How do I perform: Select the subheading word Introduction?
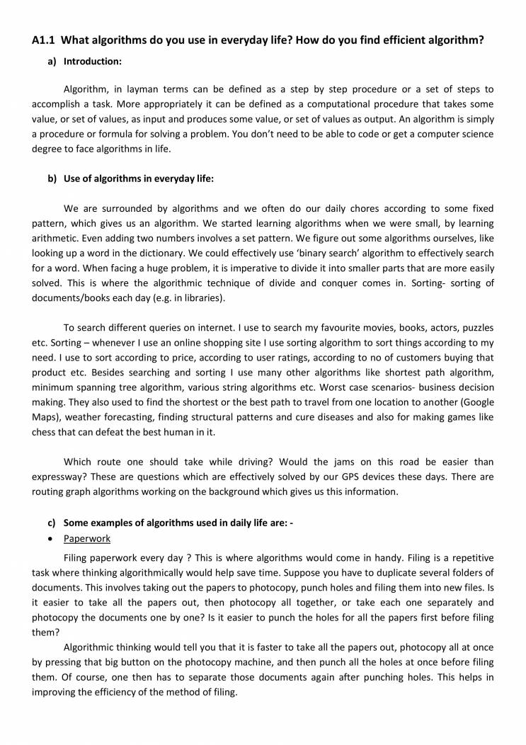pyautogui.click(x=92, y=62)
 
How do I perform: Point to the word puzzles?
pyautogui.click(x=476, y=328)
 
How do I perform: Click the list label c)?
pyautogui.click(x=52, y=523)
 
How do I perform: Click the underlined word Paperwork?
pyautogui.click(x=87, y=538)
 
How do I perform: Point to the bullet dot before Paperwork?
pyautogui.click(x=52, y=539)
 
